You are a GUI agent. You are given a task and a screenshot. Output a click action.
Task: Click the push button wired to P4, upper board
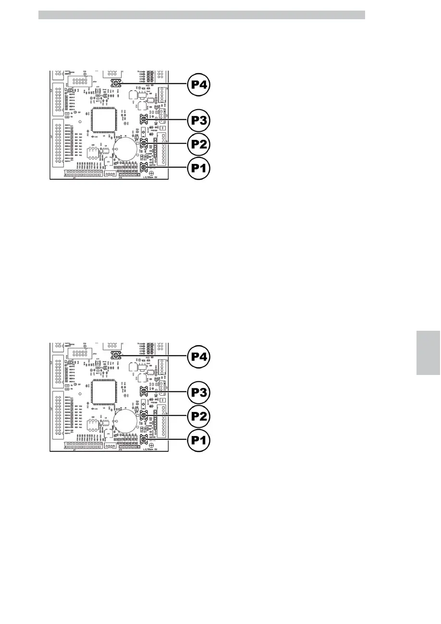click(116, 83)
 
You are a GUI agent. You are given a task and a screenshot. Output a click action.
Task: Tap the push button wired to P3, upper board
click(144, 119)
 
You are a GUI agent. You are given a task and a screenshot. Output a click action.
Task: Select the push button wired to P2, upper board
click(144, 143)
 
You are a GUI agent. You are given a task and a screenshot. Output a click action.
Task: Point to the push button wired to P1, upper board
click(144, 167)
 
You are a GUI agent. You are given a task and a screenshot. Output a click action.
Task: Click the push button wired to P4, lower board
click(116, 355)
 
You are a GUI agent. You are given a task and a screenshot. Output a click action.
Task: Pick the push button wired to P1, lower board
click(144, 438)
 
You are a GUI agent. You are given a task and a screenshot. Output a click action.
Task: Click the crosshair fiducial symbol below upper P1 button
click(152, 173)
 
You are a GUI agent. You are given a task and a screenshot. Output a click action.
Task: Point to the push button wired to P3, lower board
click(144, 390)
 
